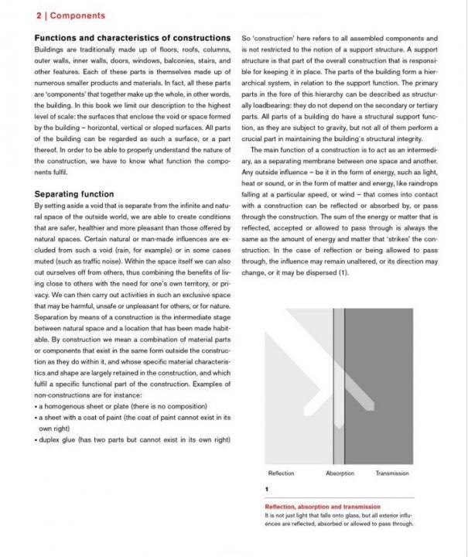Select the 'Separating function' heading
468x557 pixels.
[x=74, y=193]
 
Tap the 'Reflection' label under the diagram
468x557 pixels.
[x=281, y=473]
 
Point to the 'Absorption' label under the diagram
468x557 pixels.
[x=340, y=473]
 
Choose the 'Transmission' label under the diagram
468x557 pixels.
[x=392, y=473]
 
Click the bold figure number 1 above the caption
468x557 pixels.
[x=266, y=489]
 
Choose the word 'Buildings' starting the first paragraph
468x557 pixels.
[x=53, y=48]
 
